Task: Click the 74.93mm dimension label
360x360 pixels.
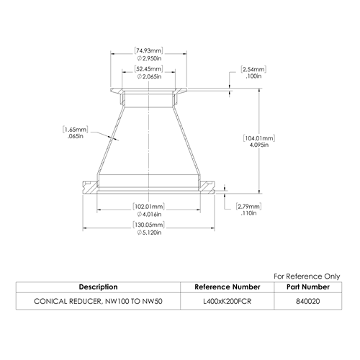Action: (148, 51)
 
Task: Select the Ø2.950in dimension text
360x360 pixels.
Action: (149, 58)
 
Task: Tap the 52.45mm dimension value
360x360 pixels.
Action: (148, 69)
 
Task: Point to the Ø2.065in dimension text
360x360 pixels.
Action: (149, 76)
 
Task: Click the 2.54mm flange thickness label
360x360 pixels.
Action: (253, 70)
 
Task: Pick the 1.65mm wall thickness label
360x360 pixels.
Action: (76, 130)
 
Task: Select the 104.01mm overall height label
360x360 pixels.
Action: (259, 138)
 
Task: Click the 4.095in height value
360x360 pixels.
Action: (259, 145)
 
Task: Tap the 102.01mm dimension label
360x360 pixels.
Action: (149, 207)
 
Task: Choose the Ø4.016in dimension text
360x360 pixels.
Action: (149, 214)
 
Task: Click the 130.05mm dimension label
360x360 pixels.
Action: (149, 225)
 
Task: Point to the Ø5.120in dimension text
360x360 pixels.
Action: (149, 233)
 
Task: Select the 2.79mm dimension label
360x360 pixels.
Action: (248, 207)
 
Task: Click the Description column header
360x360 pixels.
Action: (98, 287)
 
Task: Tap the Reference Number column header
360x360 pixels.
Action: (228, 287)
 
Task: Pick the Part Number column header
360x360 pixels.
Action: (308, 287)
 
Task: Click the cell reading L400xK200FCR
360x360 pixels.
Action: (228, 301)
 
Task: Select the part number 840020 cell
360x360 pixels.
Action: (308, 301)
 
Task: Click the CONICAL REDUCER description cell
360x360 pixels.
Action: (98, 301)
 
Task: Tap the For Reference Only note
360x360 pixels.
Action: (307, 276)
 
